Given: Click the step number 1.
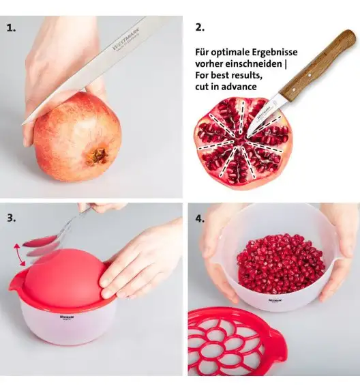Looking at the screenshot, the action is tap(11, 28).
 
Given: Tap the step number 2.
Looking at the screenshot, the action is tap(200, 27).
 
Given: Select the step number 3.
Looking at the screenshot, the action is tap(12, 218).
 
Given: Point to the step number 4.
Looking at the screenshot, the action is tap(200, 218).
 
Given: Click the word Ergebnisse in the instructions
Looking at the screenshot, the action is tap(275, 53).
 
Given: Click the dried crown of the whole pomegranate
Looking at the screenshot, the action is tap(97, 156).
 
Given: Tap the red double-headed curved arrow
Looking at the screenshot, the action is tap(19, 255).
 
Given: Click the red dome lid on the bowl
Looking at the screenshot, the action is tap(66, 277).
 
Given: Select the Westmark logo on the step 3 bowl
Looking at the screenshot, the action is tap(67, 317).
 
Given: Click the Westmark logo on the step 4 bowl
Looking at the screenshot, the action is tap(275, 300).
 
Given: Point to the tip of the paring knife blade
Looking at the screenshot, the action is tap(247, 136).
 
